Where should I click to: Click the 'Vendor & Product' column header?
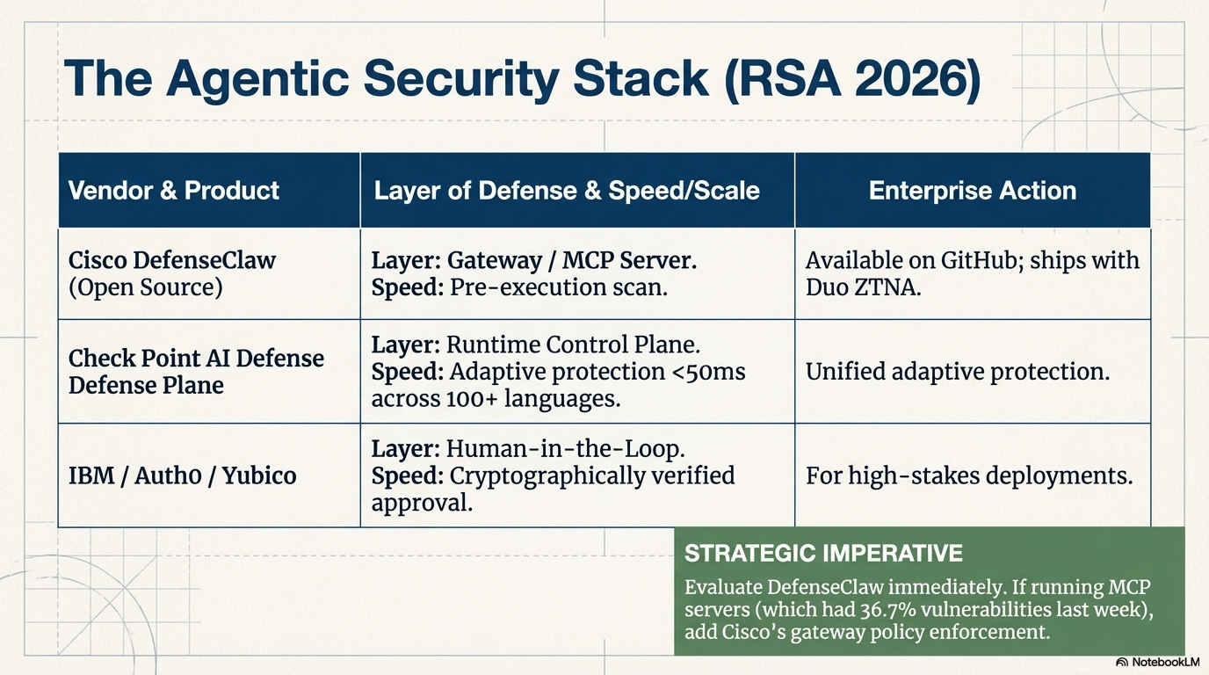tap(173, 191)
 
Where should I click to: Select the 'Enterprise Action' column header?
tap(972, 191)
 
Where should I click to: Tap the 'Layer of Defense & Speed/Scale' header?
tap(567, 191)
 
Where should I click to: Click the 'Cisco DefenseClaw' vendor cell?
tap(172, 261)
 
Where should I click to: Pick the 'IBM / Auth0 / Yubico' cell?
tap(183, 475)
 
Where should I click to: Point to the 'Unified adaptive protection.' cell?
tap(958, 372)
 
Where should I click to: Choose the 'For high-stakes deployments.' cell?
tap(968, 475)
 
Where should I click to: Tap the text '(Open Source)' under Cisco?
tap(145, 287)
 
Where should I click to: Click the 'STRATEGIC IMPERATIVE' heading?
tap(823, 553)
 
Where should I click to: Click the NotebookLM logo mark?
tap(1122, 662)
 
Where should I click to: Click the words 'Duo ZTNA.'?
tap(864, 287)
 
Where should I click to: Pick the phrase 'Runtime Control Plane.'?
tap(573, 345)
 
